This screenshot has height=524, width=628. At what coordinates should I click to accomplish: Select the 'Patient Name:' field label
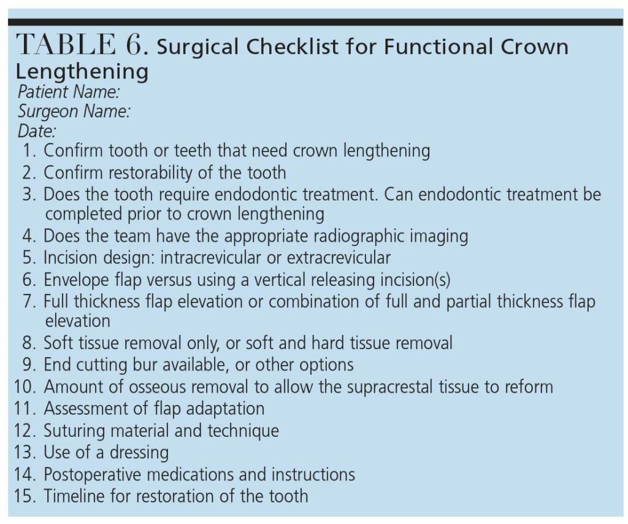pos(69,92)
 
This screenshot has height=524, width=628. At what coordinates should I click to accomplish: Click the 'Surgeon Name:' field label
pos(74,112)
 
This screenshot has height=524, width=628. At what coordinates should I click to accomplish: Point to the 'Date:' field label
pos(37,131)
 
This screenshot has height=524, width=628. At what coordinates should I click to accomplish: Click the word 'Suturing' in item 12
pos(74,431)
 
